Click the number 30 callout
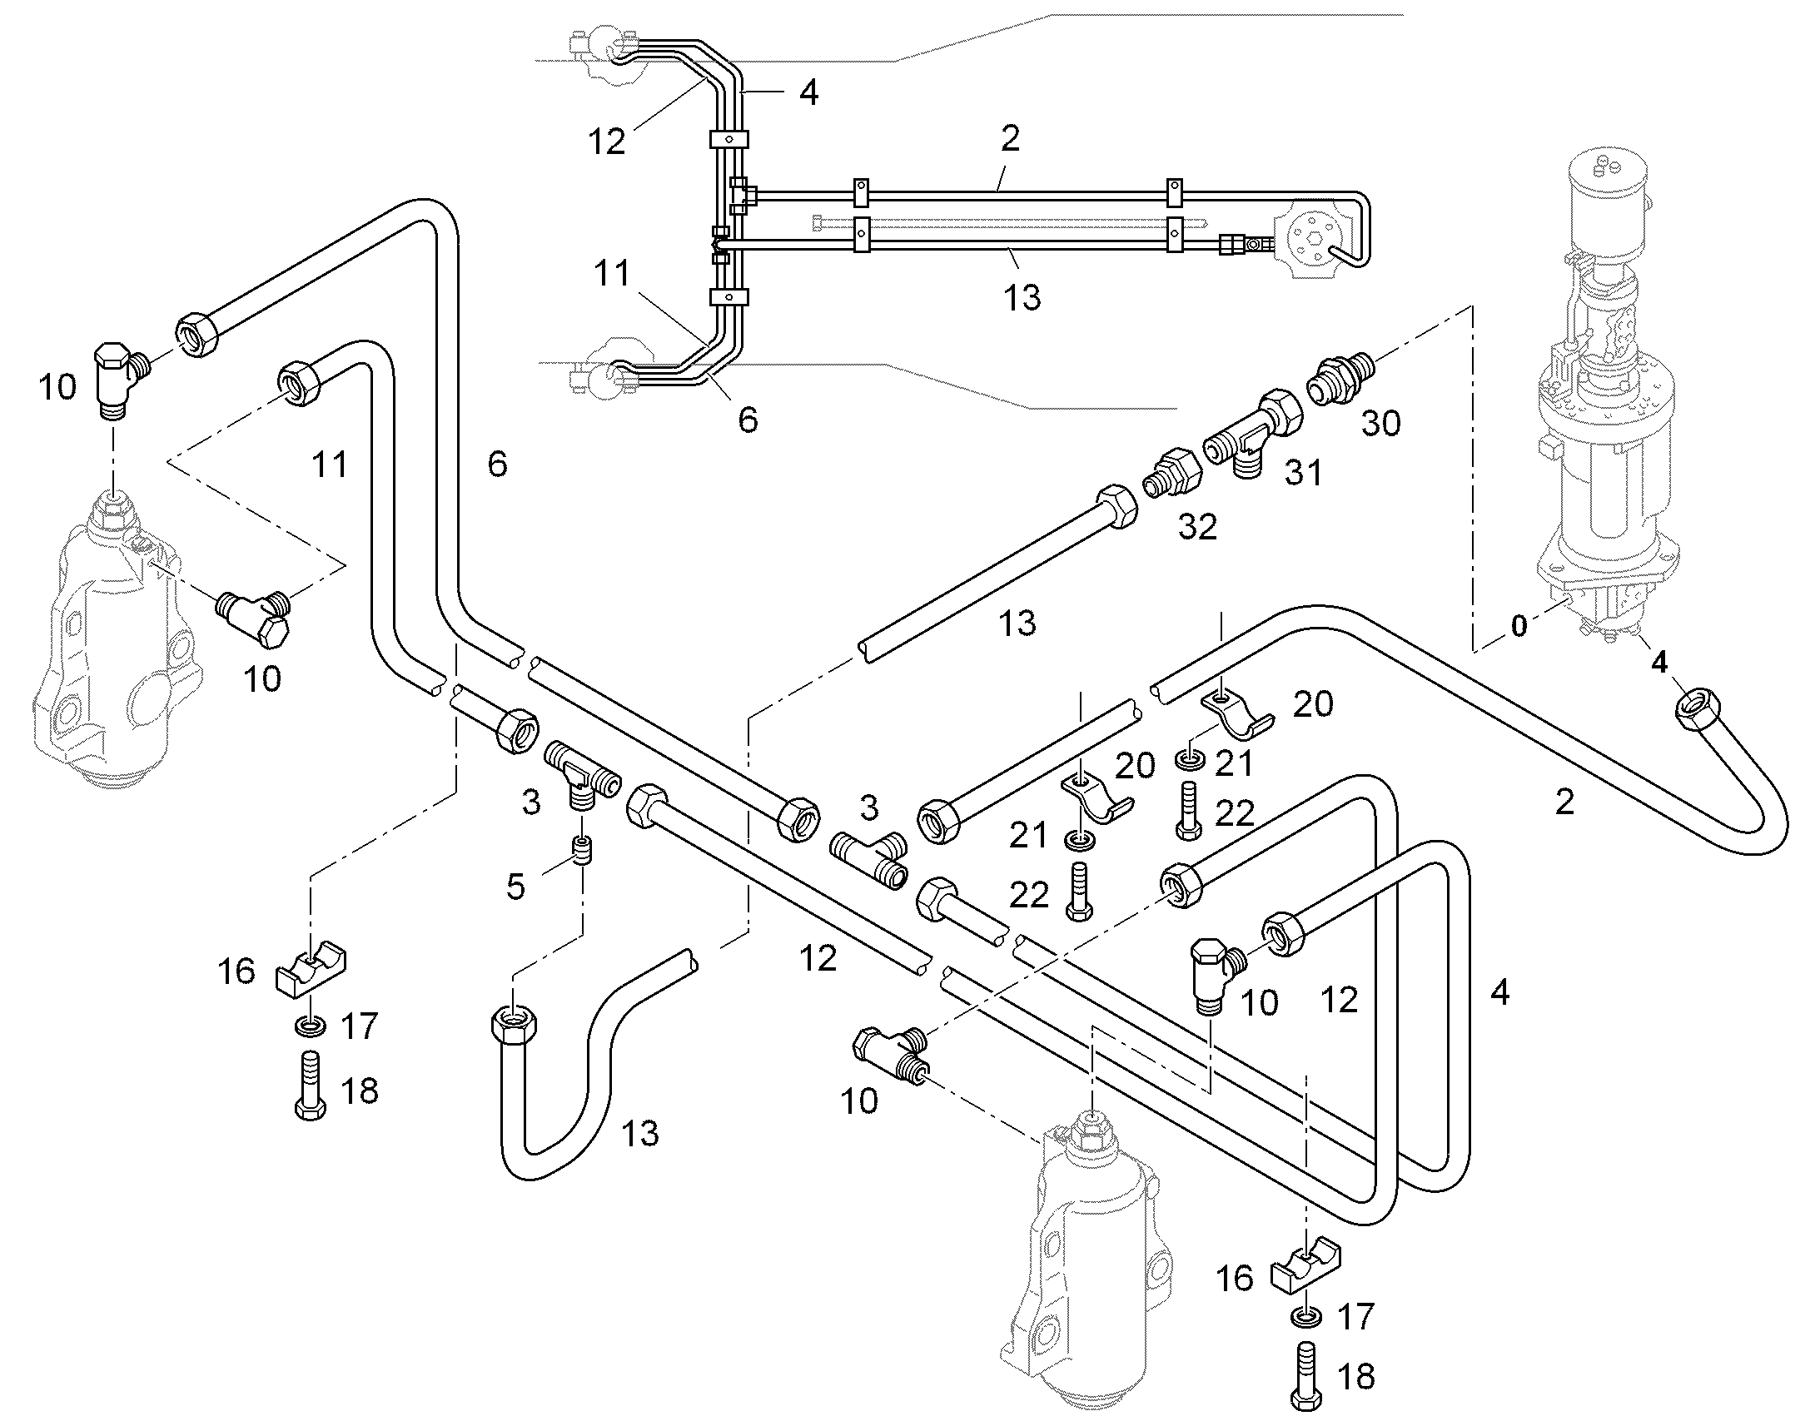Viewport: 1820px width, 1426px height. [1381, 423]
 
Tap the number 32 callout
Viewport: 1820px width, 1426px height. [1197, 527]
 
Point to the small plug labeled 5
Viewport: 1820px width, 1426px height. [583, 851]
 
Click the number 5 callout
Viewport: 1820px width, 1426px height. [515, 886]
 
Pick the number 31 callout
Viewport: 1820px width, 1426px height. [1304, 474]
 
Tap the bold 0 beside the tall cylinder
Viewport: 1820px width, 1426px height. [1519, 625]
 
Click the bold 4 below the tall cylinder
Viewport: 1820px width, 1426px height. [1658, 662]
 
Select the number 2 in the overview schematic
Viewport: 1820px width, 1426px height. [1010, 138]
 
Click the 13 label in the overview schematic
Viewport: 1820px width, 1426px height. [1022, 297]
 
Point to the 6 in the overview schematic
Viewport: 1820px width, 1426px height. [748, 420]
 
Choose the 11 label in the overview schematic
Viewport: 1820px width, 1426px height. [612, 273]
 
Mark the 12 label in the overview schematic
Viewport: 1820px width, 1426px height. [606, 142]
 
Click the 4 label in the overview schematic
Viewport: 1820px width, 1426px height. [808, 92]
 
